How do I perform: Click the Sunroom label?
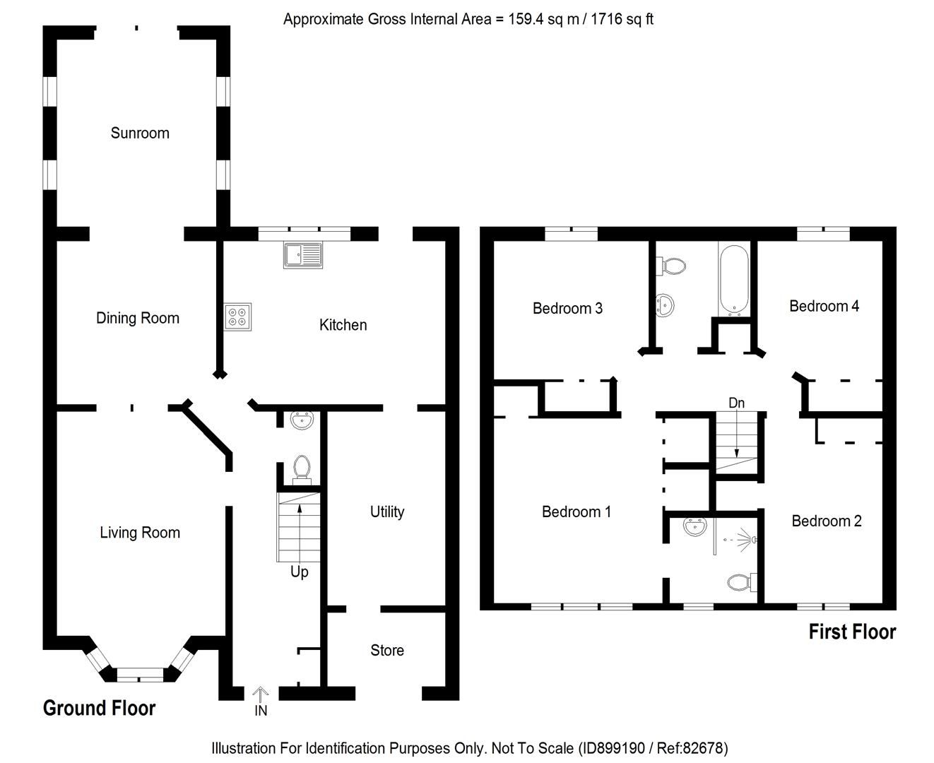click(x=140, y=133)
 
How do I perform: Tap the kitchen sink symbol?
click(x=303, y=255)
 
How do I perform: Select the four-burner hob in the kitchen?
click(x=238, y=317)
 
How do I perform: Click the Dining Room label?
click(x=138, y=318)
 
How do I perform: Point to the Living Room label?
click(x=140, y=533)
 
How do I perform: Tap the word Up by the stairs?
click(x=299, y=572)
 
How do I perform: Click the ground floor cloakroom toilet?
click(x=302, y=468)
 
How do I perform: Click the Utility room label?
click(x=387, y=511)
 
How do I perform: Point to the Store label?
click(x=387, y=650)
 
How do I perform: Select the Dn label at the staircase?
click(x=736, y=403)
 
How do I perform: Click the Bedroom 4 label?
click(x=824, y=306)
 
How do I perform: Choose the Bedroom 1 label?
click(x=576, y=511)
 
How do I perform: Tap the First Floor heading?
click(x=852, y=632)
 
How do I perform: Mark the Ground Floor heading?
click(x=99, y=708)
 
